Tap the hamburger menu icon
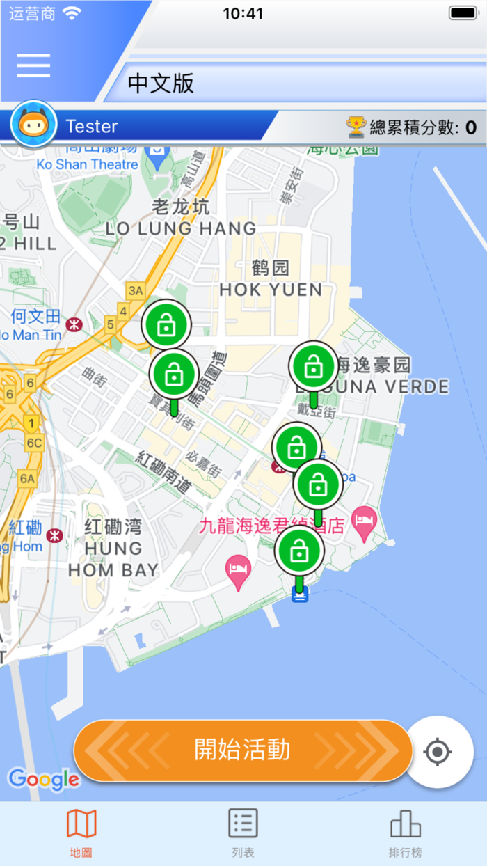tap(33, 65)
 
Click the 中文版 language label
tap(161, 84)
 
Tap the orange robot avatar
tap(33, 125)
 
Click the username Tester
tap(91, 127)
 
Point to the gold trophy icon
tap(356, 127)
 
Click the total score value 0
tap(471, 127)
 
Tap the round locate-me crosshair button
tap(438, 752)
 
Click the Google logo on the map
tap(43, 780)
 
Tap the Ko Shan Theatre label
tap(87, 164)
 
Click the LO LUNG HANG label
tap(181, 228)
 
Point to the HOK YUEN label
tap(271, 289)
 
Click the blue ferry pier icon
tap(300, 595)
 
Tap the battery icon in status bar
tap(463, 13)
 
